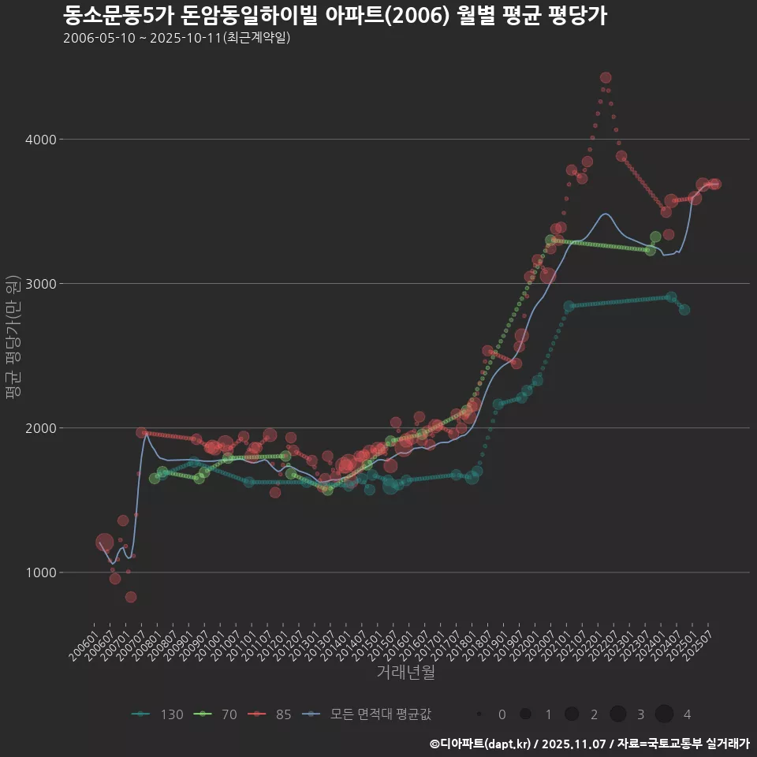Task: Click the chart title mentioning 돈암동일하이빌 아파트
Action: tap(335, 15)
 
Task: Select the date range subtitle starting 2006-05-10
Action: tap(177, 38)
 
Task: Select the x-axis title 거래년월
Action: tap(405, 672)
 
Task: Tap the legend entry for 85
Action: tap(270, 714)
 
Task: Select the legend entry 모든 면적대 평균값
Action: tap(367, 714)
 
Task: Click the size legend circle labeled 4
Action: tap(664, 714)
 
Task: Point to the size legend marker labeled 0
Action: tap(479, 714)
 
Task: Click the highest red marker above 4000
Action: tap(606, 77)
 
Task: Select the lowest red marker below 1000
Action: tap(131, 597)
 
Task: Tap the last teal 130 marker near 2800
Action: tap(684, 310)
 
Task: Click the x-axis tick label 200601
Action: tap(84, 648)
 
